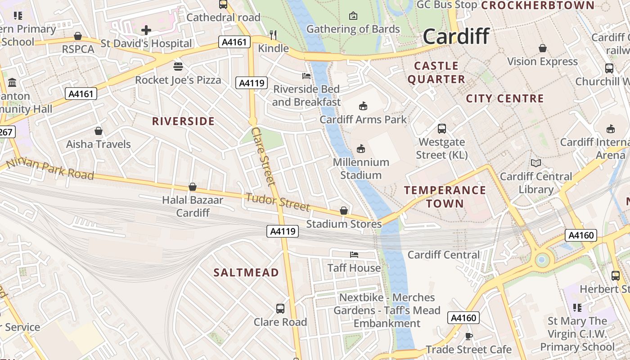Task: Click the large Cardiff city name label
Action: click(456, 36)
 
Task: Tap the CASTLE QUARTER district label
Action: click(436, 72)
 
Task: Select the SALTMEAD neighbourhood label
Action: click(246, 272)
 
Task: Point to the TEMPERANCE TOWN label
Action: click(445, 197)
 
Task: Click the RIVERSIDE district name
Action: click(183, 121)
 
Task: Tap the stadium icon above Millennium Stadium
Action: click(361, 148)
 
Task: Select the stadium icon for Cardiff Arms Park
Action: click(363, 106)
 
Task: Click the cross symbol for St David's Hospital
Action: click(146, 31)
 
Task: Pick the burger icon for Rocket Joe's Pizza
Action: click(178, 67)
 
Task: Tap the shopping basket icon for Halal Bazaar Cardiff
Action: click(193, 187)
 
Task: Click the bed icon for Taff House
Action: click(354, 255)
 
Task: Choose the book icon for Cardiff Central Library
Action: click(535, 163)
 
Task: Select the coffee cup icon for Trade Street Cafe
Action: click(468, 336)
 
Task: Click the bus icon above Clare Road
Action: click(280, 309)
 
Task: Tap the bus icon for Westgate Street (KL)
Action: click(442, 129)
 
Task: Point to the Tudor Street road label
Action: click(278, 202)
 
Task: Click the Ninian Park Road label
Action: click(50, 168)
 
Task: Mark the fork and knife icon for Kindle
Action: click(273, 35)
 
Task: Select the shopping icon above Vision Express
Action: click(543, 48)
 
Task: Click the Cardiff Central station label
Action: click(443, 255)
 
